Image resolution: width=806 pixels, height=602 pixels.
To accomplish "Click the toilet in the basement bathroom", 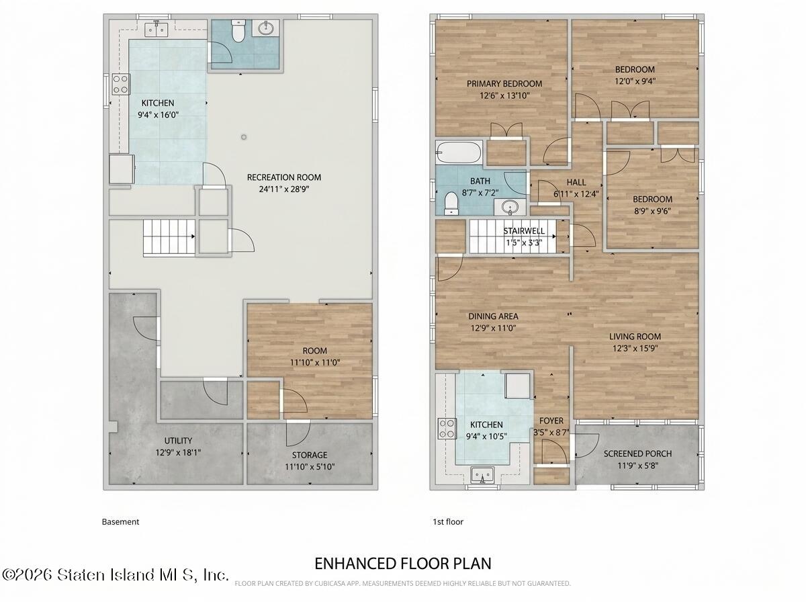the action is tap(238, 31).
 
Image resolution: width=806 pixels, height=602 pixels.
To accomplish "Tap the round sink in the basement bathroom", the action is tap(266, 28).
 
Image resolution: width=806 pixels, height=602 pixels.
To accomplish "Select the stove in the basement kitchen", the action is tap(121, 84).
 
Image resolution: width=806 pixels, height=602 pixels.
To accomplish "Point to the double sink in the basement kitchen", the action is tap(156, 30).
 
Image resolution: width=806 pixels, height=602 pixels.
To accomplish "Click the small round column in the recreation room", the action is tap(243, 137).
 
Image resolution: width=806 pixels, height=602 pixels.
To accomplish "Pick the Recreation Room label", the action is tap(284, 177).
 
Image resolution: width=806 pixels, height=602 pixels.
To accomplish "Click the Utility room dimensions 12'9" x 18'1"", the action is tap(178, 453).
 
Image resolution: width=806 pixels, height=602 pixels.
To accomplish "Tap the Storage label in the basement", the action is tap(310, 455).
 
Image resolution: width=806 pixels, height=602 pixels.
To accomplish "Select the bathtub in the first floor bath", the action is tap(459, 153).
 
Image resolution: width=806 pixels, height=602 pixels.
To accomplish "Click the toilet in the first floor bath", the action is tap(451, 204).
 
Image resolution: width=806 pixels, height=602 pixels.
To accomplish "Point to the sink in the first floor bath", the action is tap(510, 207).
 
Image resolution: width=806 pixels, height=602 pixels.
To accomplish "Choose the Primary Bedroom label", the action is tap(504, 84).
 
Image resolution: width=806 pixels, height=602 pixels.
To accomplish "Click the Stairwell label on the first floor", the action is tap(524, 231).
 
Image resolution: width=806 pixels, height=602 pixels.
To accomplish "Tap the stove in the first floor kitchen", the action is tap(447, 429).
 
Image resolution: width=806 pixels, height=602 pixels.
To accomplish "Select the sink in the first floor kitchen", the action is tap(482, 475).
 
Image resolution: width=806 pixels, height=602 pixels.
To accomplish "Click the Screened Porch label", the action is tap(637, 454).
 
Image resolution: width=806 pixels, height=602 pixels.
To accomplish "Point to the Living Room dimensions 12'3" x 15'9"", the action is tap(635, 348).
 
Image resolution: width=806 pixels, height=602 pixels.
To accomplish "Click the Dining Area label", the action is tap(493, 316).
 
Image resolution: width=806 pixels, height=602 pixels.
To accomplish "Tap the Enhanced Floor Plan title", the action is tap(403, 564).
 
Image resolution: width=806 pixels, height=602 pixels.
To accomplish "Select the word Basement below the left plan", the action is tap(120, 522).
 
